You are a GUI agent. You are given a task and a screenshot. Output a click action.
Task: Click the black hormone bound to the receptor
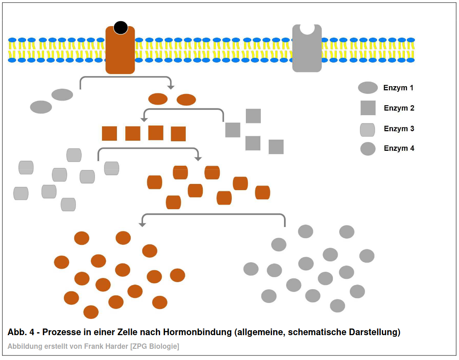(121, 28)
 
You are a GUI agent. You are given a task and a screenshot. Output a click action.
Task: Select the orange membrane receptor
(120, 50)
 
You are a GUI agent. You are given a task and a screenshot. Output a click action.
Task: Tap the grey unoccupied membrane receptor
(307, 48)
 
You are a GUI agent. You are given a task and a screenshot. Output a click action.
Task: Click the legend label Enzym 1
(398, 88)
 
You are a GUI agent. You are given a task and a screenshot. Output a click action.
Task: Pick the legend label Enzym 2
(399, 108)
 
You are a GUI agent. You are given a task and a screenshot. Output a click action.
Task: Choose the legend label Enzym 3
(399, 129)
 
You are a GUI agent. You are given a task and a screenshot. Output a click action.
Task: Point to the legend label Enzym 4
(399, 148)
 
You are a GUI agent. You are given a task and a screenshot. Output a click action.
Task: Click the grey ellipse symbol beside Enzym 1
(368, 88)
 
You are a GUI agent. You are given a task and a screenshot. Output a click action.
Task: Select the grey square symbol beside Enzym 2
(368, 108)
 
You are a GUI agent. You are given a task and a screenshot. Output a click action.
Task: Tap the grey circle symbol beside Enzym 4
(368, 149)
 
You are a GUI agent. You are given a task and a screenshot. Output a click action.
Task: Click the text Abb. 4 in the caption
(21, 332)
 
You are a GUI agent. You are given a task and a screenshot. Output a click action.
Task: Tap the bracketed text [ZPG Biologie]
(155, 347)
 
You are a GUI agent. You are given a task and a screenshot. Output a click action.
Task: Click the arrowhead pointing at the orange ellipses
(171, 87)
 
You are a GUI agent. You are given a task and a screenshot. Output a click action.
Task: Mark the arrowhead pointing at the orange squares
(144, 120)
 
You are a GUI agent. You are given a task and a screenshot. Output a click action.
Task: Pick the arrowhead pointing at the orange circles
(142, 225)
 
